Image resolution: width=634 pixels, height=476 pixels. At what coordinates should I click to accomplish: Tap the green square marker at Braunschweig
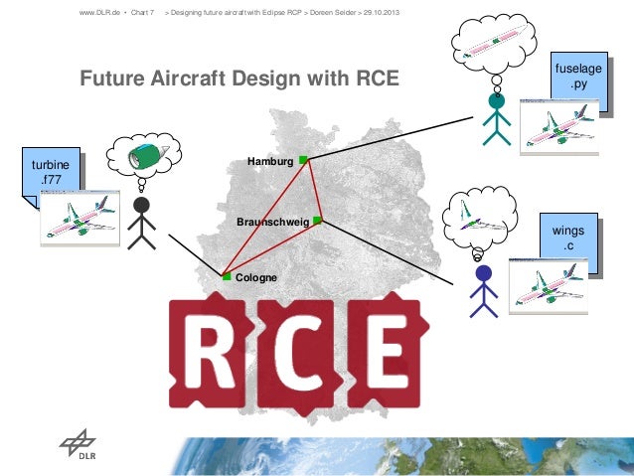(317, 220)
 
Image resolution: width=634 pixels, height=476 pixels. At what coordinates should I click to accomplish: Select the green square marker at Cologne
(227, 277)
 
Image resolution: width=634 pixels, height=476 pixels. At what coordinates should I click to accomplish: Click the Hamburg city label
(271, 161)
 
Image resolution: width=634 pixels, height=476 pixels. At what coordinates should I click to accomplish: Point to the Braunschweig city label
(273, 222)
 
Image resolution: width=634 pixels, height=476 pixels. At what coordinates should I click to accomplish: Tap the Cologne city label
(257, 277)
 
